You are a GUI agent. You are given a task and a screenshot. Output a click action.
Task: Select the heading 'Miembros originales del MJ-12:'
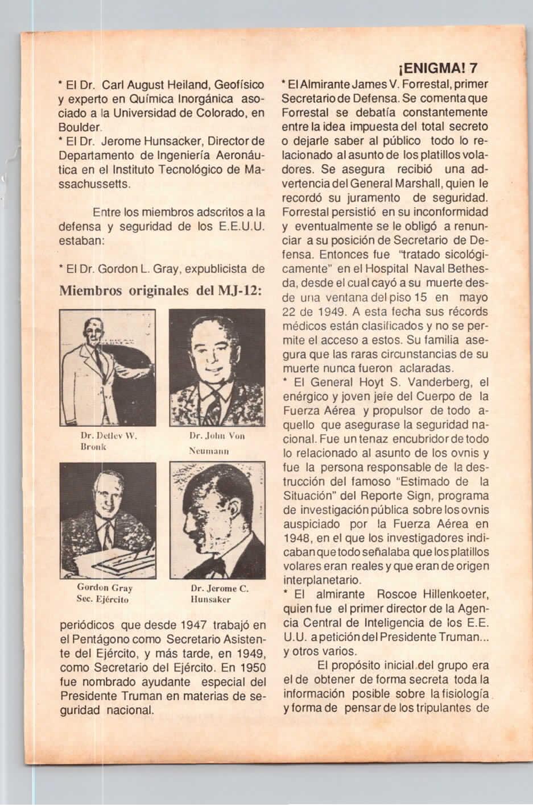160,290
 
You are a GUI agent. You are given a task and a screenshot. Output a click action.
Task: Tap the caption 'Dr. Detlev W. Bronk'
108,442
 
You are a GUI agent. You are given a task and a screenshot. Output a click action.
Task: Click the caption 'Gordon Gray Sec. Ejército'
105,593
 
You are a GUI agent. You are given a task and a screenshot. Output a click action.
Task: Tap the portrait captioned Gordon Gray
108,520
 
